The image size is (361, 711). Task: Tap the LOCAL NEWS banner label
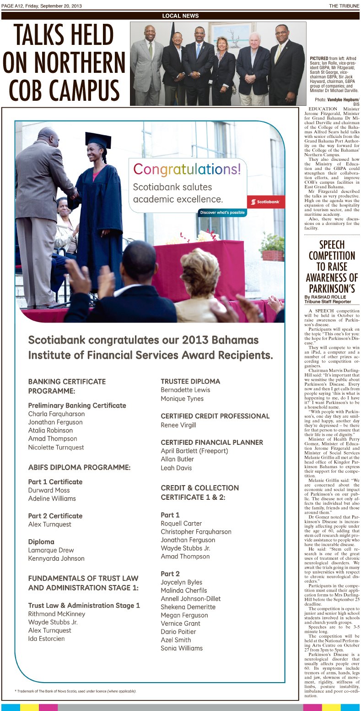[x=180, y=16]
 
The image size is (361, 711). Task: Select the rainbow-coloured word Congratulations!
[x=187, y=170]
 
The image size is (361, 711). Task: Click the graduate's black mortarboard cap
[x=98, y=139]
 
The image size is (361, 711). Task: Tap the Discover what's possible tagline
[x=223, y=213]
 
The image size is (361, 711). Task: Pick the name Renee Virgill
[x=178, y=425]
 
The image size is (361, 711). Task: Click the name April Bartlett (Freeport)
[x=194, y=451]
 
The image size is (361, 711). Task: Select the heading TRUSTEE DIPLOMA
[x=190, y=381]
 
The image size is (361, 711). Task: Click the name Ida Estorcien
[x=47, y=639]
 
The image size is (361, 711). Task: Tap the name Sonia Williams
[x=182, y=648]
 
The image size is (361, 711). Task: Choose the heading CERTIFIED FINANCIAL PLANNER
[x=212, y=442]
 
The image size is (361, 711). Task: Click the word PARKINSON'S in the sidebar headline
[x=332, y=289]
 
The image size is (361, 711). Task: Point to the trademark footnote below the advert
[x=75, y=691]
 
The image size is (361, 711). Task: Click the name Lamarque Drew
[x=51, y=550]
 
